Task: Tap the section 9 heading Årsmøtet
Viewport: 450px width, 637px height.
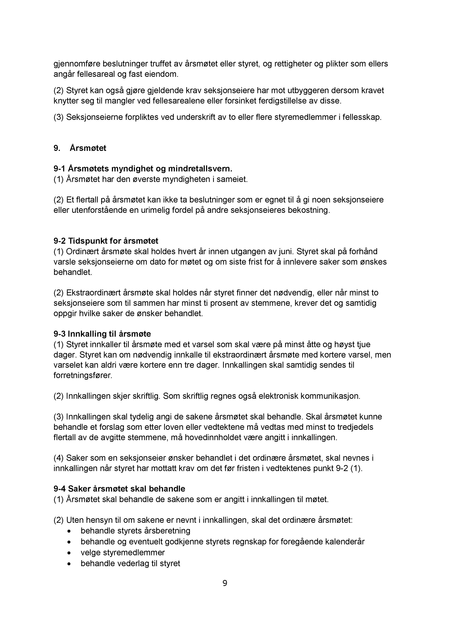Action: [88, 148]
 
